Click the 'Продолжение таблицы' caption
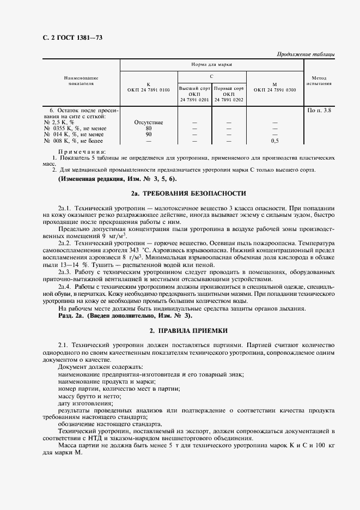pos(306,54)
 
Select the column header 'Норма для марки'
pos(211,65)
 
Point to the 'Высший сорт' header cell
pos(195,88)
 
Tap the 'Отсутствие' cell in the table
pos(149,123)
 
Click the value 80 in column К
pos(149,129)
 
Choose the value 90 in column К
pos(149,135)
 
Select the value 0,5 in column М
pos(274,141)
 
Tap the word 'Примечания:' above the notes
pos(82,151)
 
